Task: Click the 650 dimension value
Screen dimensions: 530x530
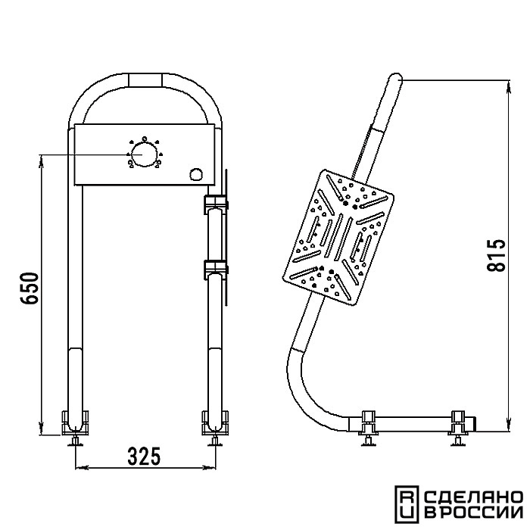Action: pyautogui.click(x=30, y=288)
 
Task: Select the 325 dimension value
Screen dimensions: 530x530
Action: pyautogui.click(x=144, y=456)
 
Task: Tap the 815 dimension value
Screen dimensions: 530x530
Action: pyautogui.click(x=496, y=256)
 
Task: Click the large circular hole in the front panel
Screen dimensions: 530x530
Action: pyautogui.click(x=144, y=154)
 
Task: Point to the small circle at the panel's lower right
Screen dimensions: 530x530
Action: pyautogui.click(x=196, y=174)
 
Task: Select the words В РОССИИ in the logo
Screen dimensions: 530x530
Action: pyautogui.click(x=473, y=513)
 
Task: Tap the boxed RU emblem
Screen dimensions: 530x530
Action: pyautogui.click(x=407, y=503)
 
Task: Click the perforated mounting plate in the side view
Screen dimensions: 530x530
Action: pyautogui.click(x=338, y=238)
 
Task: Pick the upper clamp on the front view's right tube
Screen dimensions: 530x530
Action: pyautogui.click(x=216, y=204)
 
